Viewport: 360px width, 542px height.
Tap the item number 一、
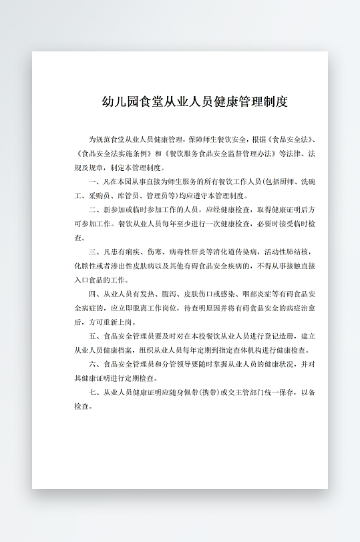click(x=94, y=182)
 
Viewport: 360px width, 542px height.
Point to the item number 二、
click(x=94, y=210)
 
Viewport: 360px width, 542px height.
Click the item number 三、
click(x=94, y=252)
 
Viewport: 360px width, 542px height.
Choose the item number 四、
click(x=94, y=294)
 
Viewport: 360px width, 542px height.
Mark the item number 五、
click(x=94, y=336)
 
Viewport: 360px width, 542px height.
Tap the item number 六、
click(x=94, y=364)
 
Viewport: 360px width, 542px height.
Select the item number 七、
click(x=94, y=392)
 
